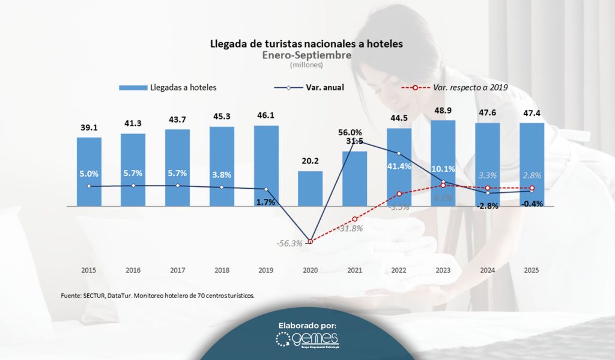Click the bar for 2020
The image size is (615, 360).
point(310,188)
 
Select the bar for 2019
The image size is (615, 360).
point(265,165)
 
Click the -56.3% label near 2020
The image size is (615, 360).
point(289,243)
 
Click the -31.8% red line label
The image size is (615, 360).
point(350,228)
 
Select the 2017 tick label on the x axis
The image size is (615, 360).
point(177,270)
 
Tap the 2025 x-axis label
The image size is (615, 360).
point(532,270)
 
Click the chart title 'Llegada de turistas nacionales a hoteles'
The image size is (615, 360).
point(306,44)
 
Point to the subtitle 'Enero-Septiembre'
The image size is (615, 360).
point(306,55)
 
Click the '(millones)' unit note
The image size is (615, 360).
point(306,64)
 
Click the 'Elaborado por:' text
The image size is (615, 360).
point(307,325)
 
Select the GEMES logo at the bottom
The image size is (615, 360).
point(307,340)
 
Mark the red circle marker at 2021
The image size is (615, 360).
point(354,219)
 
